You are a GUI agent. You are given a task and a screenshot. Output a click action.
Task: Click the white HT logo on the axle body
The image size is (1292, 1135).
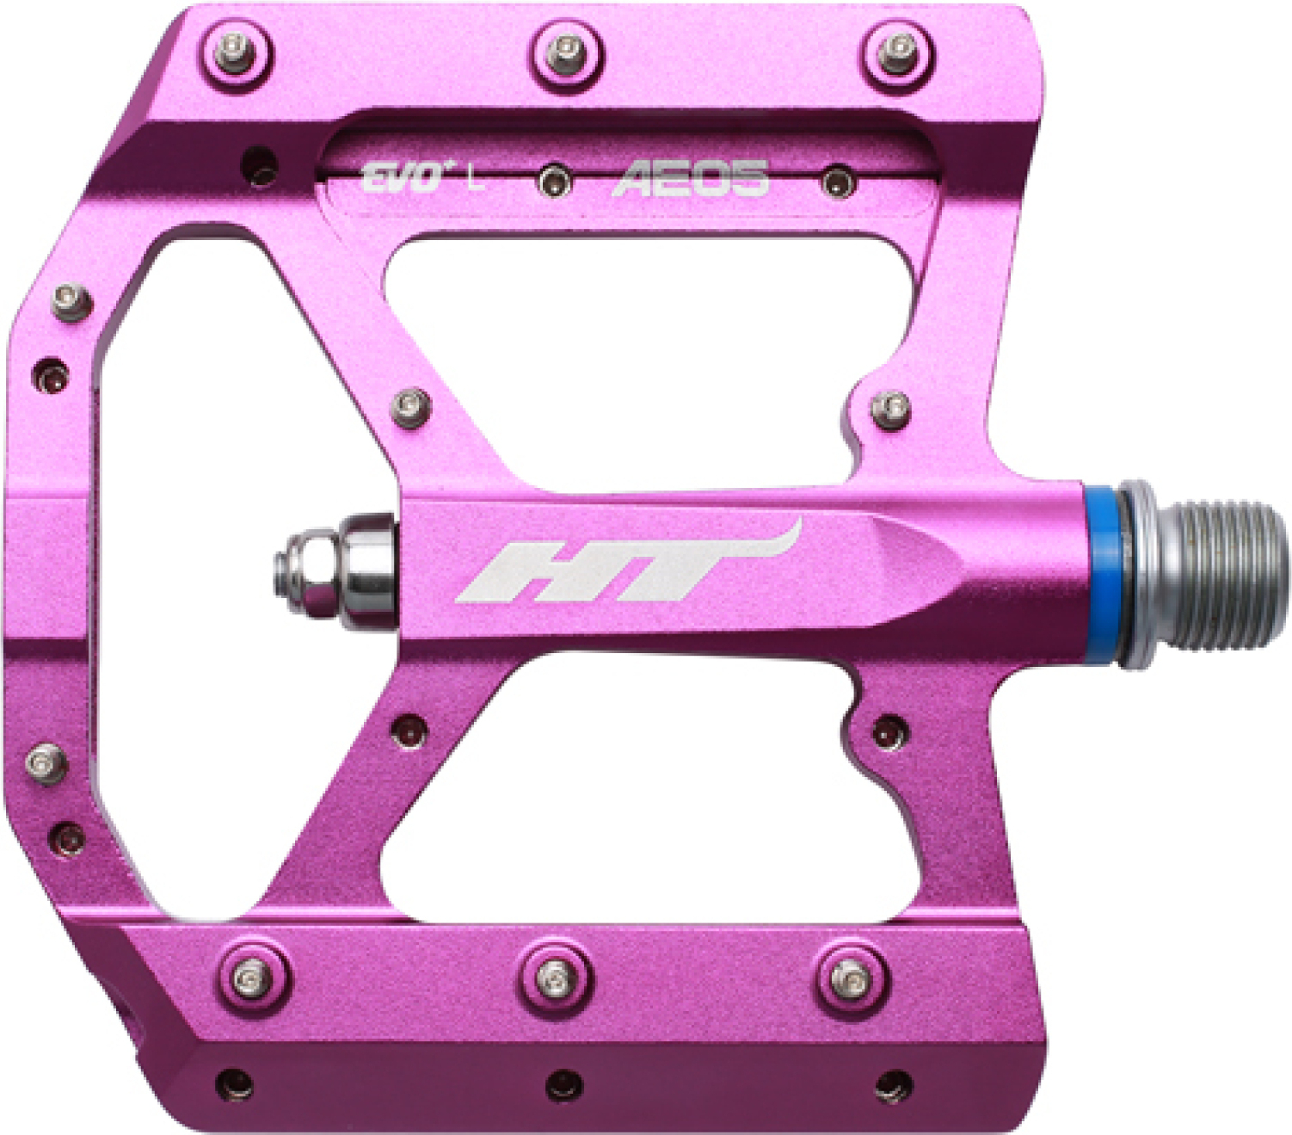[x=628, y=561]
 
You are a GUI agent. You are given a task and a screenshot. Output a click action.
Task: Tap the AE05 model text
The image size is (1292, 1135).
[x=691, y=178]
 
